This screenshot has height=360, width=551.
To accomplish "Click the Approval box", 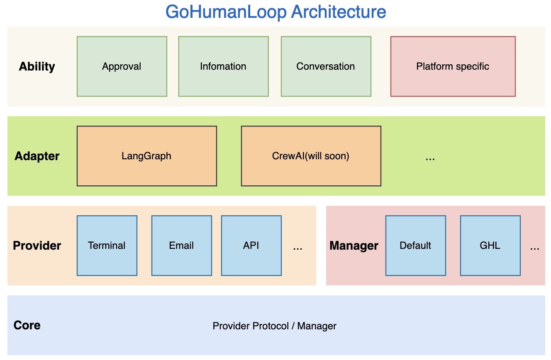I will coord(122,66).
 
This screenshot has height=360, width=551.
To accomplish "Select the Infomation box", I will coord(223,66).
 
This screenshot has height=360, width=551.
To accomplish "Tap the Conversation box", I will coord(326,66).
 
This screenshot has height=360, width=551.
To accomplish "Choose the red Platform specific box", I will coord(453,66).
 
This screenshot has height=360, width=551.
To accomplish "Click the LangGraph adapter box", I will coord(146,156).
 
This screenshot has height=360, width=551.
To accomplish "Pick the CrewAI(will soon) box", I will coord(311,156).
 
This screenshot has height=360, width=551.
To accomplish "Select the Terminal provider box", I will coord(107,246).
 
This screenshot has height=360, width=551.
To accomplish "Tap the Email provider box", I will coord(181,246).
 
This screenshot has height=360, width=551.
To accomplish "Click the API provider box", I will coord(251,246).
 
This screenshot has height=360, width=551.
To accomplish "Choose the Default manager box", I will coord(415,246).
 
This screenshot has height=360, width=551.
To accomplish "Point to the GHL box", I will coord(490,246).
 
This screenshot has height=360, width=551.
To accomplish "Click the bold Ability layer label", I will coord(37,67).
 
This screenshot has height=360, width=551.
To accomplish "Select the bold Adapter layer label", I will coord(37,156).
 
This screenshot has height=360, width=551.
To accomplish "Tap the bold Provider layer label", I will coord(37,246).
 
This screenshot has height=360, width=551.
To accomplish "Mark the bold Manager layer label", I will coord(354,246).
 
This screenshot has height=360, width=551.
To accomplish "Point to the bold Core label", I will coord(27,325).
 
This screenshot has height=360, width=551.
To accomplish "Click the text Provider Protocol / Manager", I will coord(274,326).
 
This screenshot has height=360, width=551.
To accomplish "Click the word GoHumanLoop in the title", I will coord(226,12).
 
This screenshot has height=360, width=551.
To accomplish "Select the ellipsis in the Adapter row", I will coord(430,158).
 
